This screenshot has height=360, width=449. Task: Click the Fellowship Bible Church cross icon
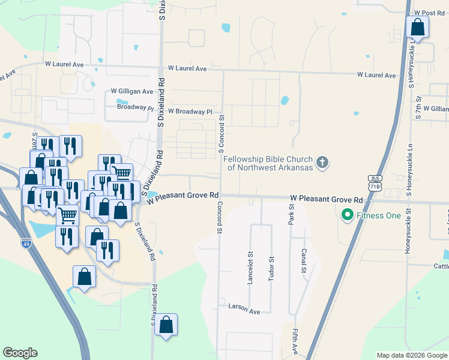(x=323, y=163)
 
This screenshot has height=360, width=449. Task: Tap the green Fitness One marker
(x=346, y=215)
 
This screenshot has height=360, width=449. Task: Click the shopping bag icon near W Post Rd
(x=418, y=28)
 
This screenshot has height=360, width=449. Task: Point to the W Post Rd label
(x=429, y=13)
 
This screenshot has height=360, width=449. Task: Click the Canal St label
(x=304, y=259)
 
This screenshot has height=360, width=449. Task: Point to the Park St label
(x=291, y=214)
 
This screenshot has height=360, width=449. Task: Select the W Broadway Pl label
(x=190, y=112)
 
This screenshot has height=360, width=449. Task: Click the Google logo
(x=20, y=353)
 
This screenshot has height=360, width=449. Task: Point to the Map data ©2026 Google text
(x=412, y=355)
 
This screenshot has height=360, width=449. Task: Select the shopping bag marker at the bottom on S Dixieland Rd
(x=166, y=325)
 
